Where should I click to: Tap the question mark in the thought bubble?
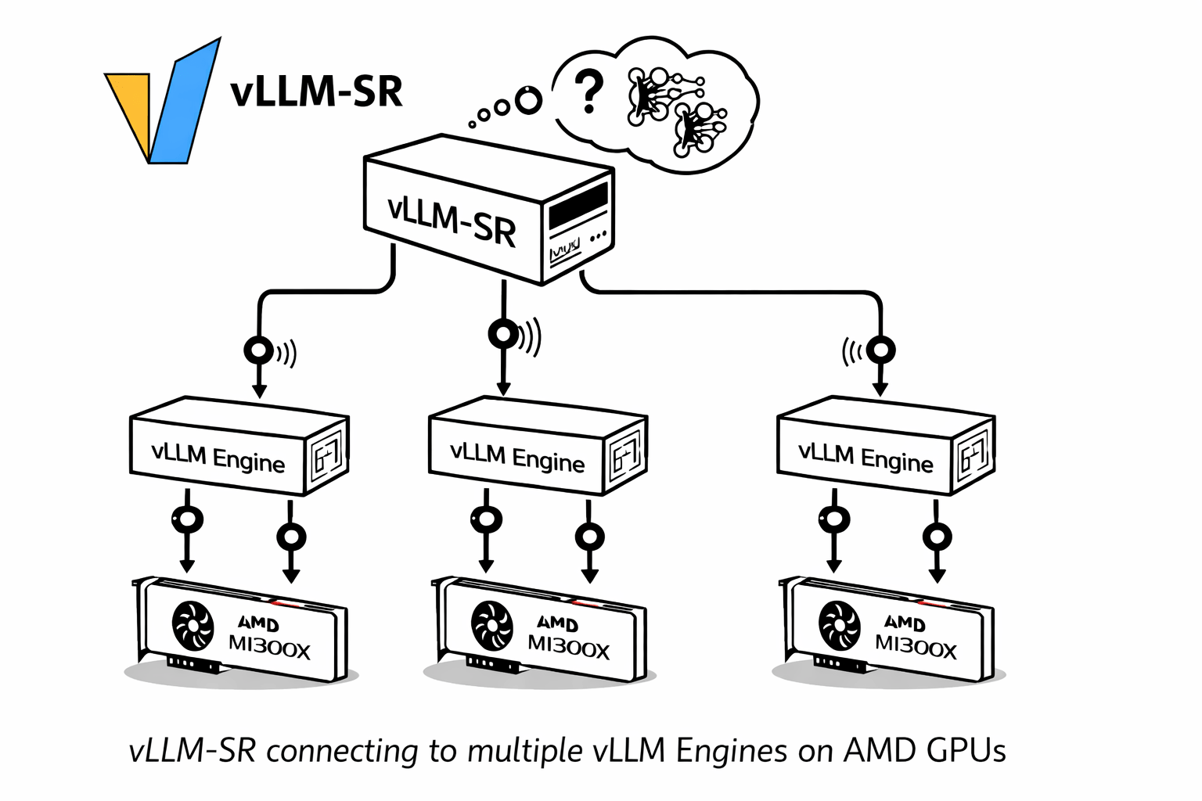pos(588,92)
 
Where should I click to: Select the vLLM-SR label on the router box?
pos(452,220)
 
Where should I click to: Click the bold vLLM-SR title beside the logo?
pos(317,92)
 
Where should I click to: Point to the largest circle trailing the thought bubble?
pos(529,99)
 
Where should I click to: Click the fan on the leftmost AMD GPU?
pos(193,626)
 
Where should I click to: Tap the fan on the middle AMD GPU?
pos(492,626)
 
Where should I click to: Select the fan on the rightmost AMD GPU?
pos(839,626)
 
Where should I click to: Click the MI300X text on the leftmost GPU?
pos(269,648)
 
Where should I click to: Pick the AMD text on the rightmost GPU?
pos(905,623)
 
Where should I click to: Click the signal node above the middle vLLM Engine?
pos(503,335)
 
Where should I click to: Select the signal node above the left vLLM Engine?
pos(258,350)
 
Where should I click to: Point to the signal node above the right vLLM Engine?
pos(881,350)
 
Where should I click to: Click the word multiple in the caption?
pos(525,751)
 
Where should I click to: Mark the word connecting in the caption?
pos(343,752)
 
